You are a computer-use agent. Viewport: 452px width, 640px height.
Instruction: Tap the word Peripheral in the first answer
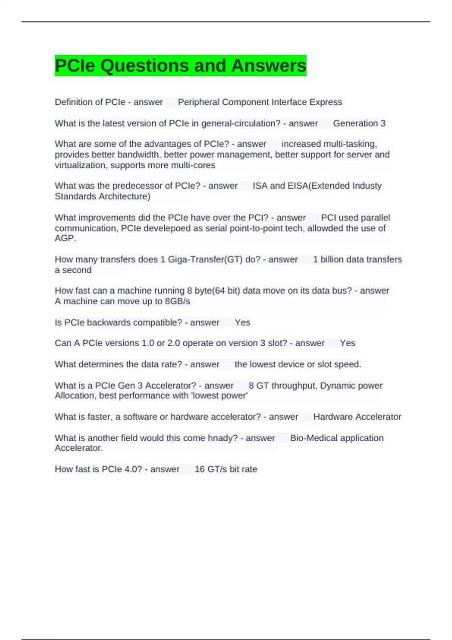tap(198, 102)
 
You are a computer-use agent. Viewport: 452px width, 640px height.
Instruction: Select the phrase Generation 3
tap(359, 123)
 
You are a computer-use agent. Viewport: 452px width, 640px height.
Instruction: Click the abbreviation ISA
tap(260, 186)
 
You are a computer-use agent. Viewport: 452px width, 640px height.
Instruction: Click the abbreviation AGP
tap(65, 238)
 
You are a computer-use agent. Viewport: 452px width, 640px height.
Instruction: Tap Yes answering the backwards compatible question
tap(242, 322)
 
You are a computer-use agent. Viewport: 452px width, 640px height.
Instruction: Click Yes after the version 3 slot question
tap(347, 343)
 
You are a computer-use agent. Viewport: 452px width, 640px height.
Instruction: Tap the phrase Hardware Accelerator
tap(357, 417)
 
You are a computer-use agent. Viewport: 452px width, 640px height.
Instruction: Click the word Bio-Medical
tap(314, 438)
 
